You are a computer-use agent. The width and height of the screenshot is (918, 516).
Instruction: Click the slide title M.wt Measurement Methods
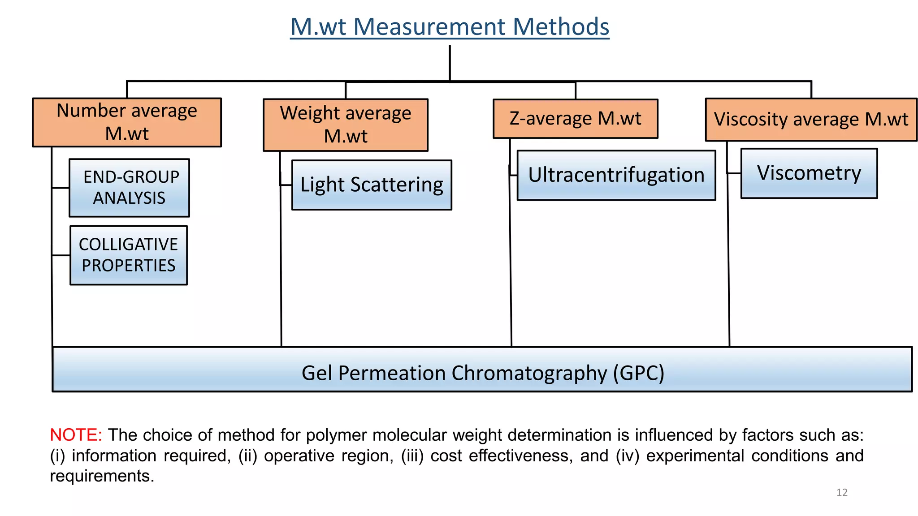[450, 27]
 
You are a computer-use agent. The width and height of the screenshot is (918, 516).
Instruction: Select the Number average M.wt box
[127, 122]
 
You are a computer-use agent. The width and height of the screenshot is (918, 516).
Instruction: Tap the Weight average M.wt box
[346, 125]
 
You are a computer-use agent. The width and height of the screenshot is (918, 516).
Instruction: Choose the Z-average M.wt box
[575, 119]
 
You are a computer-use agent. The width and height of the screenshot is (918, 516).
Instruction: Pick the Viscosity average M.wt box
[811, 120]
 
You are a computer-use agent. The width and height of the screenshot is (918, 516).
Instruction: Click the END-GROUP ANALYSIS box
[130, 188]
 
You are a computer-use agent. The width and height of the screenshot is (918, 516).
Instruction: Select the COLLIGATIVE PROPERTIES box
[129, 255]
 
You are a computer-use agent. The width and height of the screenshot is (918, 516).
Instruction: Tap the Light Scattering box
[372, 185]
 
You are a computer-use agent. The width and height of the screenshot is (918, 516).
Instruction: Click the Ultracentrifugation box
[616, 175]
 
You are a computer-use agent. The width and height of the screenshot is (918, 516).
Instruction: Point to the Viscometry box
[809, 173]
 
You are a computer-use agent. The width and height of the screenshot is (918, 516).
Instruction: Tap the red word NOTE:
[76, 435]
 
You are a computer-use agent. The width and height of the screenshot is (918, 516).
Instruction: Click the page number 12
[842, 493]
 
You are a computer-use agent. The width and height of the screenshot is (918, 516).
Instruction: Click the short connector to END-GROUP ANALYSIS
[61, 188]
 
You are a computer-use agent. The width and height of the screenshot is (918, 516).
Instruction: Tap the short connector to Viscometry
[734, 173]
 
